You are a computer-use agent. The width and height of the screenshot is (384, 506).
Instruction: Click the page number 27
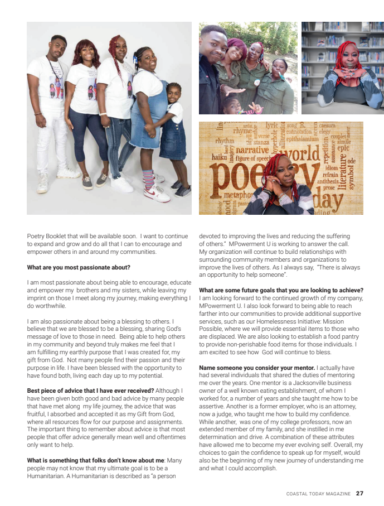click(x=359, y=493)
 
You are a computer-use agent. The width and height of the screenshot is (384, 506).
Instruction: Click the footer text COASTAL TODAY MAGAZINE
click(x=318, y=494)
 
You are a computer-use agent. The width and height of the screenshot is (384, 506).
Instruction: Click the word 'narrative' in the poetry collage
click(x=252, y=150)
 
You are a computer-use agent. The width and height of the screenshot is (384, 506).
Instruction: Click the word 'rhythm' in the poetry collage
click(x=225, y=141)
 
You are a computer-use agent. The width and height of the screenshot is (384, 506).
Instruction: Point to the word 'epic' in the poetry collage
click(x=343, y=148)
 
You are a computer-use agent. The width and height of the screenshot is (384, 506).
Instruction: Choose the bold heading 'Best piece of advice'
click(x=62, y=391)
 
